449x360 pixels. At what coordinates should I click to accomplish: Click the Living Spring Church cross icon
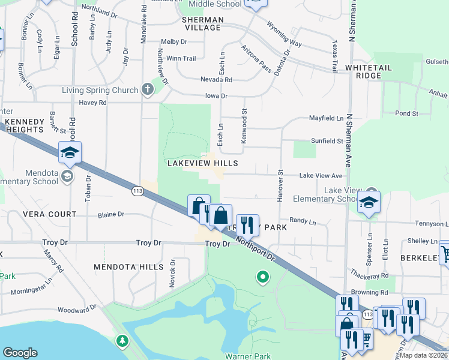pos(148,90)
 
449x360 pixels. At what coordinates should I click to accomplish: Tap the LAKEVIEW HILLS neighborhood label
pos(202,163)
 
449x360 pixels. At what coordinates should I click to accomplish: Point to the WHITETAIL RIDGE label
pos(368,72)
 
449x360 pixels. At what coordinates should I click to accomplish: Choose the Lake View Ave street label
pos(321,176)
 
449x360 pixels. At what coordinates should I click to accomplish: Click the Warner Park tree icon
pos(122,341)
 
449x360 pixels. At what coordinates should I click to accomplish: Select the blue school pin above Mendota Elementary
pos(70,153)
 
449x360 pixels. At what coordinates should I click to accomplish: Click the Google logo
pos(20,353)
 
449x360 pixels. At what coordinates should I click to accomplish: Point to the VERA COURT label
pos(50,214)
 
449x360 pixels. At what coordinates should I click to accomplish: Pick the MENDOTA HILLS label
pos(128,266)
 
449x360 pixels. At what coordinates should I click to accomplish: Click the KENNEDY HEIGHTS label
pos(25,125)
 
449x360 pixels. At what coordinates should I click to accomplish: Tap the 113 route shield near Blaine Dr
pos(137,190)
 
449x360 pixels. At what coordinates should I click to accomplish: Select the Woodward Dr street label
pos(77,310)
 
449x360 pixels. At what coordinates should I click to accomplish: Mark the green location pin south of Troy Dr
pos(262,277)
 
